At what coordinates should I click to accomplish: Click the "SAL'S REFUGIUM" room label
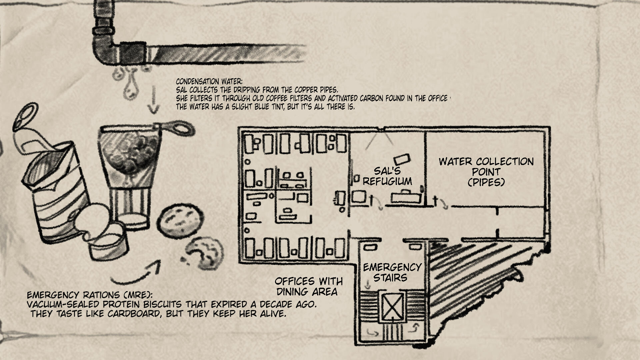click(x=387, y=176)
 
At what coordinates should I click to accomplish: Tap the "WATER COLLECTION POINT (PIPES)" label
click(x=486, y=172)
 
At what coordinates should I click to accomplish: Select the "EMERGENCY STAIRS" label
click(x=392, y=272)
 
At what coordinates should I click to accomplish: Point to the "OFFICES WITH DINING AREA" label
click(x=309, y=286)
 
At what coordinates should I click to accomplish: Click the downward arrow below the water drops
click(x=153, y=100)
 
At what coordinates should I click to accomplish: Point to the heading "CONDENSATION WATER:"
click(x=209, y=82)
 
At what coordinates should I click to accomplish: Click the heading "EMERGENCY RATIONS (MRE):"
click(x=90, y=295)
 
